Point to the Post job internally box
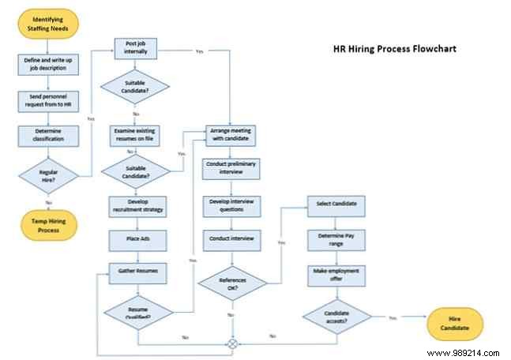138,47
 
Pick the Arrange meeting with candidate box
231,135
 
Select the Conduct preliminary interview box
231,169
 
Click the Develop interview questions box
231,204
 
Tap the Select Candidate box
336,204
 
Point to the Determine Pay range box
336,238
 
